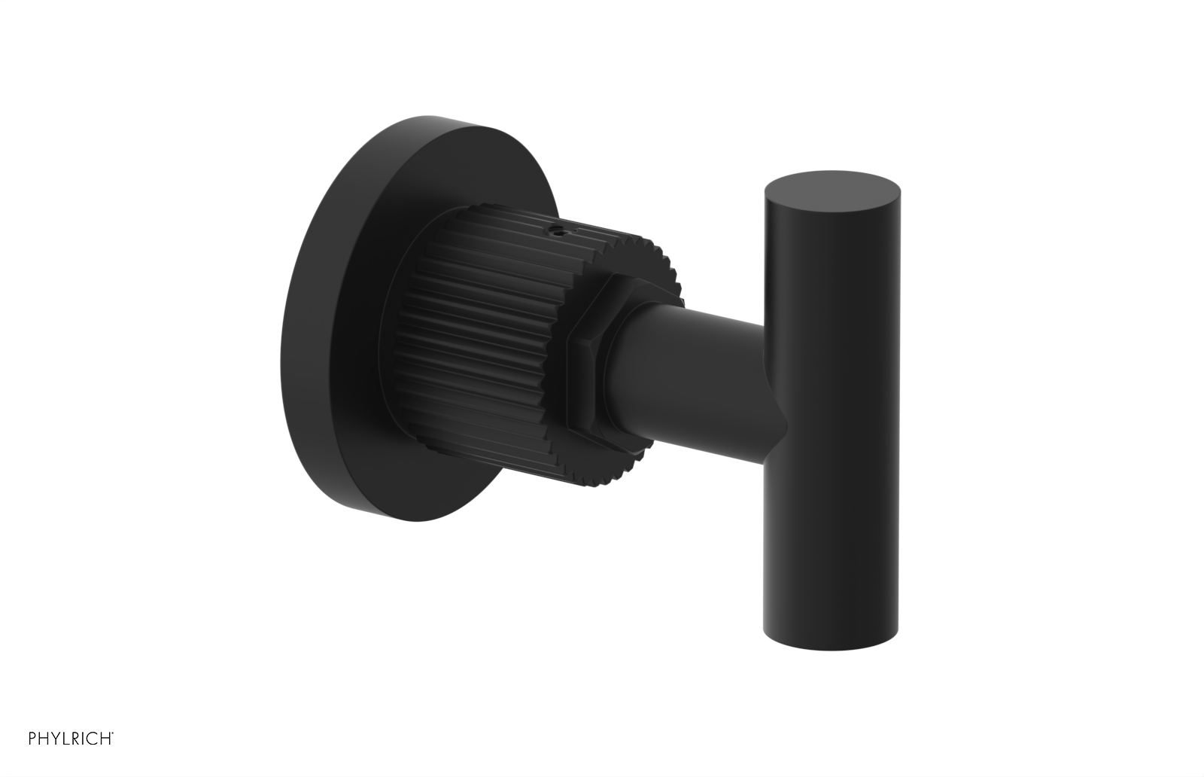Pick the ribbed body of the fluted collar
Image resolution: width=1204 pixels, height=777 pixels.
pos(482,316)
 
